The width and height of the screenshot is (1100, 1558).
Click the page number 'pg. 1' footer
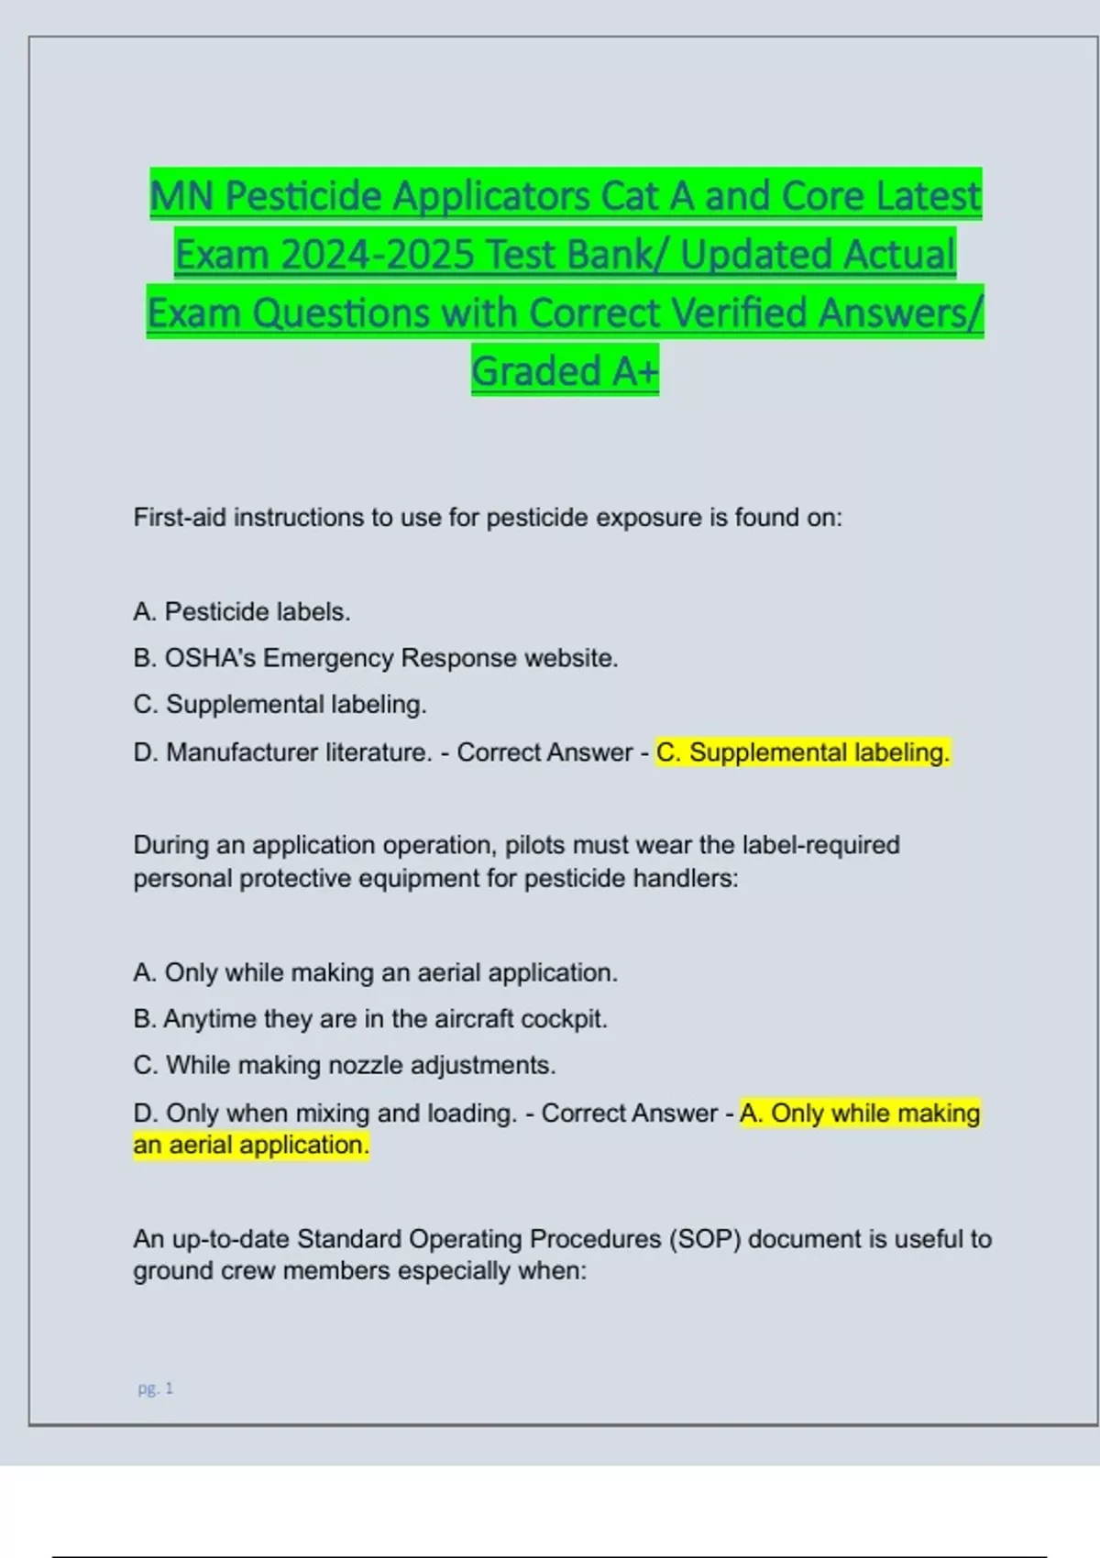155,1388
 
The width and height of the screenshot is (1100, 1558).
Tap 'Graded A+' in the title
565,371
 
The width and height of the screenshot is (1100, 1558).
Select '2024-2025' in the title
377,254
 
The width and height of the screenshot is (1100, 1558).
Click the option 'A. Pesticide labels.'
242,611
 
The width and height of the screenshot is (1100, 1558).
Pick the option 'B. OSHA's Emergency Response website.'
376,658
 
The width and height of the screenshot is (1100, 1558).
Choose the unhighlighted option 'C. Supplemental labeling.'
280,704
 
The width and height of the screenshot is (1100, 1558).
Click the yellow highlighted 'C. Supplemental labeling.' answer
803,752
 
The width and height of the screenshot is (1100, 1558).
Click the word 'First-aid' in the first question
180,518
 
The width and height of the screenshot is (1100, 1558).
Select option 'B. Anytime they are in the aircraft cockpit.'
370,1019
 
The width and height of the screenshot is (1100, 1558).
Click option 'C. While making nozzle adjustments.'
345,1065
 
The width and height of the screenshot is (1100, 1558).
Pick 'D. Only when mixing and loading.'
325,1114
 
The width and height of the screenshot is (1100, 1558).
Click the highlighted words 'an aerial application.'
251,1145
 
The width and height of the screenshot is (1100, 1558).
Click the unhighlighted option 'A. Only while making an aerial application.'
376,972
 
